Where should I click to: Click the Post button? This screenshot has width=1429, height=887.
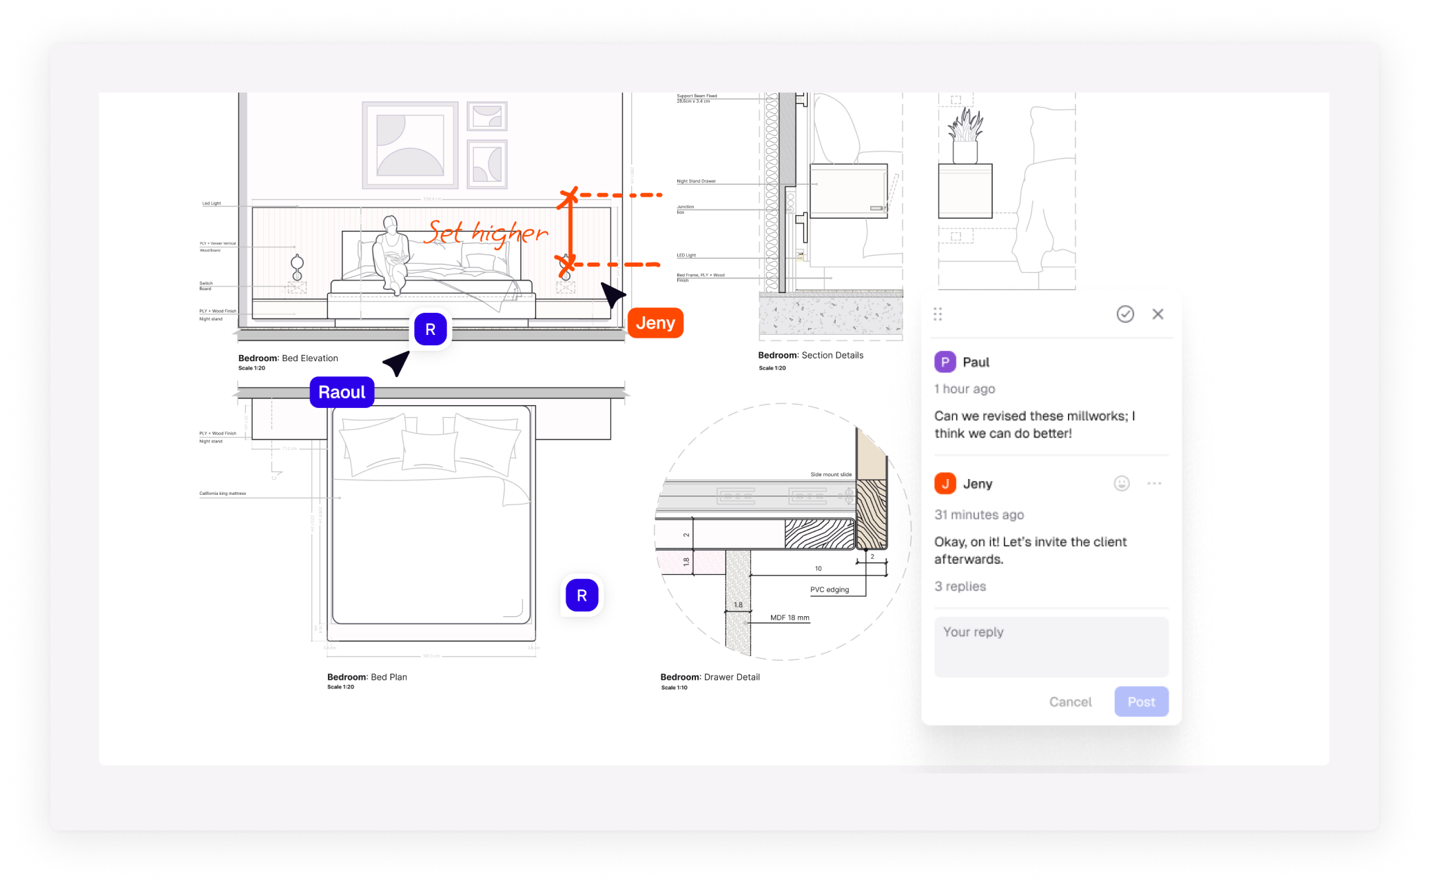(x=1141, y=702)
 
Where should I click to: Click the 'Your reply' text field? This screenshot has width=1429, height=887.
(x=1051, y=646)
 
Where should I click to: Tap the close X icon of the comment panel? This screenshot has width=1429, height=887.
(x=1158, y=314)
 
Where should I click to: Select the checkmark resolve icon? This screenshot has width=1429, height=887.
(x=1125, y=314)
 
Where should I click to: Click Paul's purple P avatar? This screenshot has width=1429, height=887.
(x=945, y=362)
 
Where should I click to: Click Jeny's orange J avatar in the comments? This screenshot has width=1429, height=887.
(x=945, y=484)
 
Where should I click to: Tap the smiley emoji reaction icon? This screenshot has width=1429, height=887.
(x=1122, y=484)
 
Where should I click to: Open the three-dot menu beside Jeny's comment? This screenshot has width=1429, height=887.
(x=1154, y=484)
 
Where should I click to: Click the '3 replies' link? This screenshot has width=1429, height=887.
(x=960, y=587)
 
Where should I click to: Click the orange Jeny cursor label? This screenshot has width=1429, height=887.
(x=655, y=323)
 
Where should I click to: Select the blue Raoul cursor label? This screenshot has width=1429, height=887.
(x=342, y=392)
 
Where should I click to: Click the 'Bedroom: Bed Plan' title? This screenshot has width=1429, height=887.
(x=367, y=677)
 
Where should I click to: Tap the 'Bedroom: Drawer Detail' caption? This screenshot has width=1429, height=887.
(x=710, y=677)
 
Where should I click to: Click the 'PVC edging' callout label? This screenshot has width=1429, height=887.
(x=829, y=590)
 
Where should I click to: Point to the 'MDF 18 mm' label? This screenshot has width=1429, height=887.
(x=790, y=618)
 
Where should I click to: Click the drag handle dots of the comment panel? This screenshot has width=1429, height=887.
(x=938, y=314)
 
